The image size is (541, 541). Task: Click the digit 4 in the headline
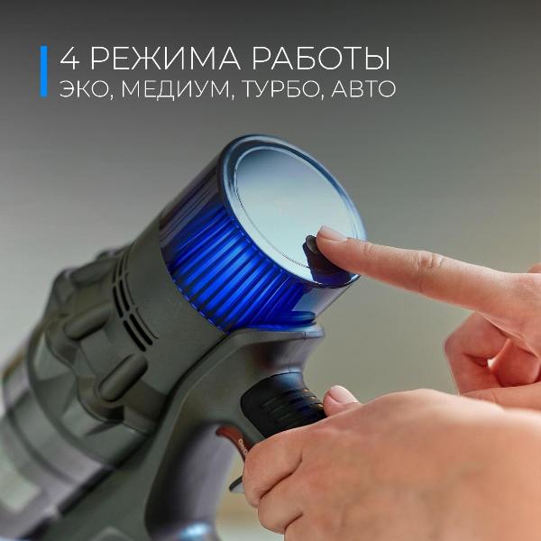(69, 60)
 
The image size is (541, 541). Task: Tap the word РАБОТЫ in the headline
(319, 60)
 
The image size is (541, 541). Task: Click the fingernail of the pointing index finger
(332, 235)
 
